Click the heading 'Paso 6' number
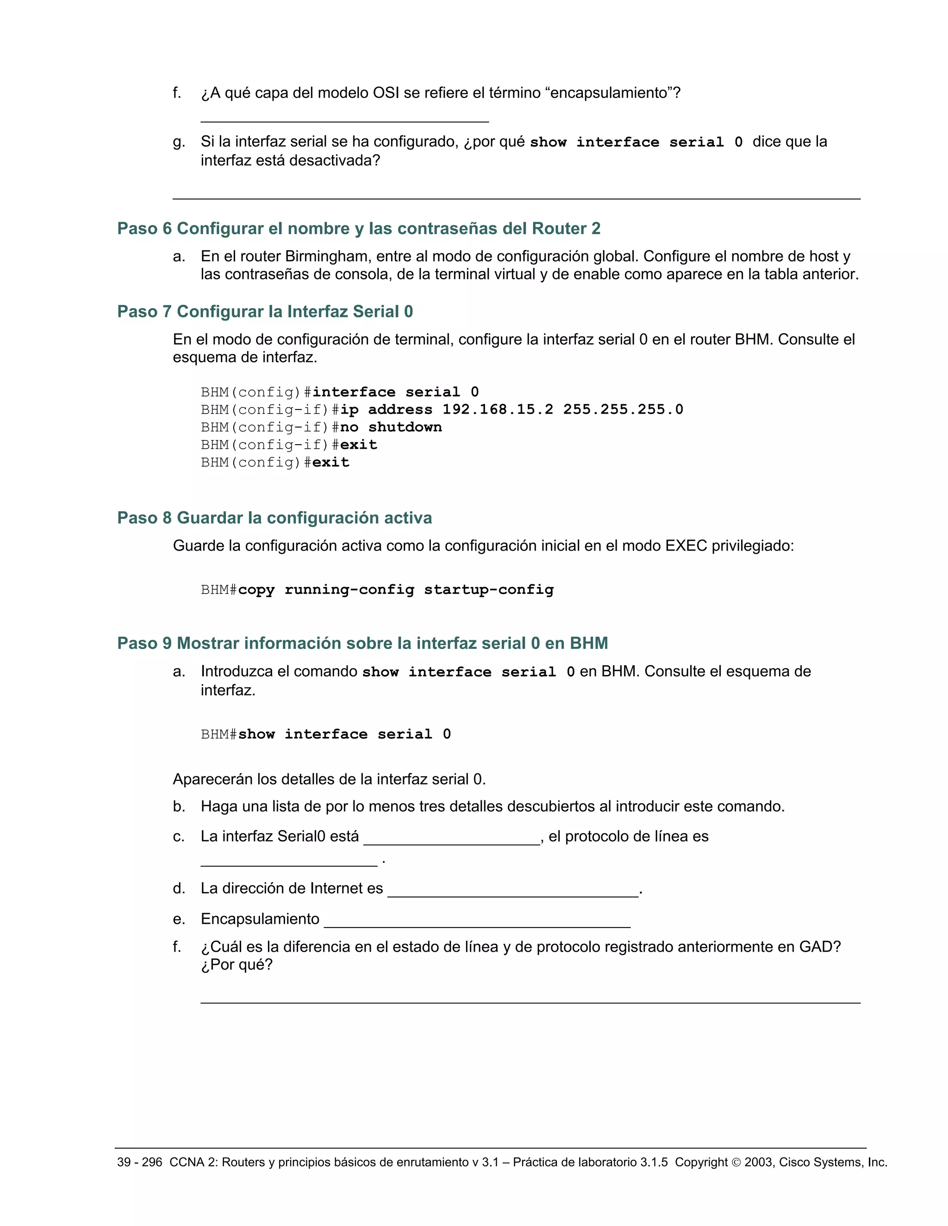(144, 229)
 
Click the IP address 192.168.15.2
(498, 409)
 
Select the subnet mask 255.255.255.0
(623, 409)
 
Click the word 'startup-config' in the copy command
(489, 589)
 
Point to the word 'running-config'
(349, 589)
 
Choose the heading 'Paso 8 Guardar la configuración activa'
(274, 518)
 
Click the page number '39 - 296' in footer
(139, 1162)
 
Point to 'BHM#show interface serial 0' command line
(326, 734)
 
